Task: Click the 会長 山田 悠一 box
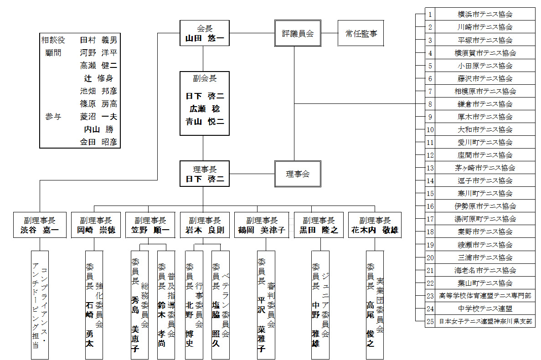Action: coord(204,33)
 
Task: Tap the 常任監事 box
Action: coord(361,33)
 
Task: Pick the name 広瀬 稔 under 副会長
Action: coord(204,109)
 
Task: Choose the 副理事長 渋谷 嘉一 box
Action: coord(40,225)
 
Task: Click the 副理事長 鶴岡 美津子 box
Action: coord(261,225)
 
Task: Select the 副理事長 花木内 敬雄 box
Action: coord(375,225)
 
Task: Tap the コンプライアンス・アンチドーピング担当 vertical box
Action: coord(40,304)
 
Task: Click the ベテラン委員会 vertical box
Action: coord(221,304)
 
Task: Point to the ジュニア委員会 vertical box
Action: coord(320,304)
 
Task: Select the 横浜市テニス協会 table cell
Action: coord(485,14)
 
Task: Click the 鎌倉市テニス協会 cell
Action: coord(485,104)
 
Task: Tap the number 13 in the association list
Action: coord(430,168)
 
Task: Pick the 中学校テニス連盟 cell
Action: coord(485,309)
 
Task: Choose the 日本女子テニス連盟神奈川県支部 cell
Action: coord(485,321)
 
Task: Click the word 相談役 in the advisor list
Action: coord(53,40)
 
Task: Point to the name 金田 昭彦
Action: coord(98,142)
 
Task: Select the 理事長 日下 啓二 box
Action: coord(204,174)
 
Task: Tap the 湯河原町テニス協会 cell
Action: coord(485,219)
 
